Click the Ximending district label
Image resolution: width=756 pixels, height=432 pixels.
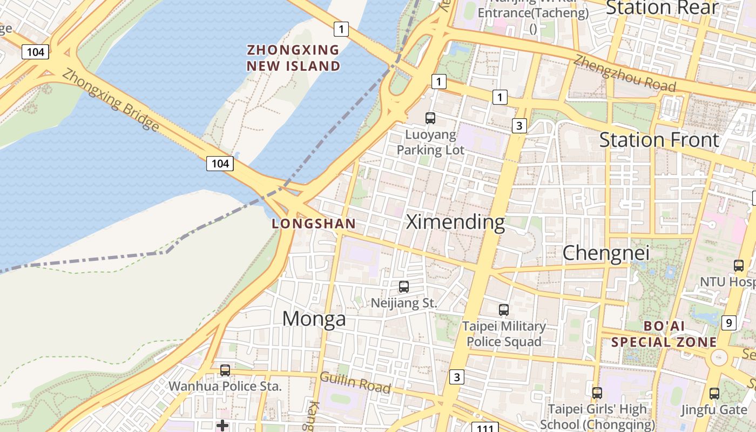click(x=455, y=221)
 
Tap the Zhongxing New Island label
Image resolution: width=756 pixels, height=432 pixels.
click(x=293, y=58)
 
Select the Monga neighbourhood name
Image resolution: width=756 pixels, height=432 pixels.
click(x=314, y=319)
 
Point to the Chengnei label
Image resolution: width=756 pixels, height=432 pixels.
click(x=605, y=253)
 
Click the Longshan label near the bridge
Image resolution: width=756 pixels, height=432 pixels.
click(x=314, y=224)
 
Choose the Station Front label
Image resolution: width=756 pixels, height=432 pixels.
click(x=659, y=140)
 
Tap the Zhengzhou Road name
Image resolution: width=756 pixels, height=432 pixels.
click(x=624, y=73)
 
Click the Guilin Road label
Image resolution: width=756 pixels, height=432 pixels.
click(x=355, y=382)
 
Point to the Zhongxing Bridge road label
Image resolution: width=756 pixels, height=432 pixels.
click(x=111, y=99)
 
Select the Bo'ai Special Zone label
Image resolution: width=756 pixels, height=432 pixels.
click(x=664, y=334)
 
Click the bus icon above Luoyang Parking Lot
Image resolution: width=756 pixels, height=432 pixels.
click(x=430, y=118)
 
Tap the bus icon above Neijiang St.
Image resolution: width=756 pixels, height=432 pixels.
click(x=403, y=287)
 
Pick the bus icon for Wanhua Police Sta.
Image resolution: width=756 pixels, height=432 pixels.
click(x=225, y=370)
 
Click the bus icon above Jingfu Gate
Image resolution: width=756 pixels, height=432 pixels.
click(x=714, y=393)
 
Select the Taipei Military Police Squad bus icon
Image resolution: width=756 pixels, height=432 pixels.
click(x=504, y=310)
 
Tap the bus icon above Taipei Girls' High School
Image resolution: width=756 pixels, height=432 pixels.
click(x=597, y=393)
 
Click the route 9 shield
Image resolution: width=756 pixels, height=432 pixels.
click(x=728, y=323)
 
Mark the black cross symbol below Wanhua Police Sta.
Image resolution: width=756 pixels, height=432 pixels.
click(x=222, y=426)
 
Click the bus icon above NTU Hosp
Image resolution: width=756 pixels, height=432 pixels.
click(x=739, y=265)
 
